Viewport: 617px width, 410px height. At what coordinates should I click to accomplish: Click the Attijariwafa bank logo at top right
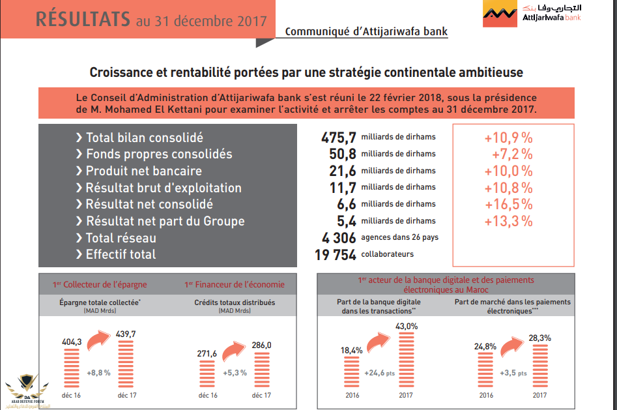(532, 14)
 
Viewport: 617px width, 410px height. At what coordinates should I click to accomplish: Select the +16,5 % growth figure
(508, 204)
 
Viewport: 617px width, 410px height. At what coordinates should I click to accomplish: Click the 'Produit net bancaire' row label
(143, 171)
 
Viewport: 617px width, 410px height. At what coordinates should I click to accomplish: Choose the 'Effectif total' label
(121, 254)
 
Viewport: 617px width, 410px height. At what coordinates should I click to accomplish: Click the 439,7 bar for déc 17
(127, 368)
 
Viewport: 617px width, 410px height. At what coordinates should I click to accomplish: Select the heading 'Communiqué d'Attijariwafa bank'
(366, 31)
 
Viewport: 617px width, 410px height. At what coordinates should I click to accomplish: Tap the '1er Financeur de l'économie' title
(235, 285)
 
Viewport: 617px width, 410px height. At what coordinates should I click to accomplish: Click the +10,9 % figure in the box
(508, 138)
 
